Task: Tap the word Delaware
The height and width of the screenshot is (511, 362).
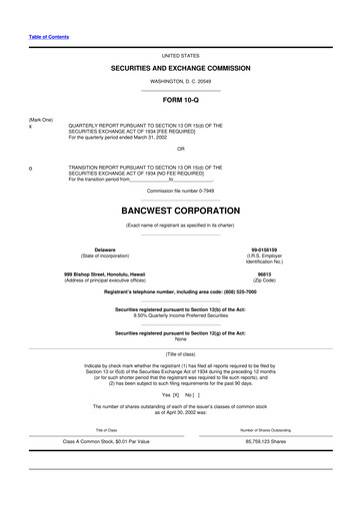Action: (x=104, y=250)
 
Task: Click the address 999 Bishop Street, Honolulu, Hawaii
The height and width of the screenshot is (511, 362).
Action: (x=104, y=273)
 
